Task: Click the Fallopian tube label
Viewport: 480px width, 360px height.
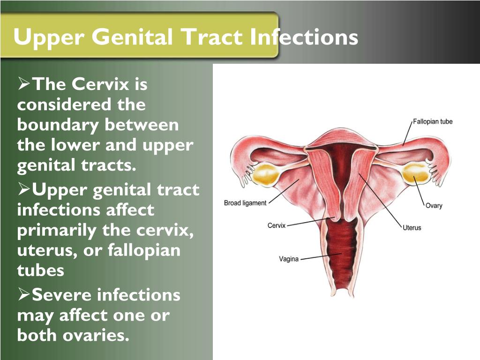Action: pos(433,121)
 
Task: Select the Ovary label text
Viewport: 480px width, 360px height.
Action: pos(434,206)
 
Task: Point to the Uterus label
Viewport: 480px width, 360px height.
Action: pos(412,228)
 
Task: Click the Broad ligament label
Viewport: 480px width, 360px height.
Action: pos(245,203)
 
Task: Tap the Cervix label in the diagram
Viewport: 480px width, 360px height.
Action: pos(277,225)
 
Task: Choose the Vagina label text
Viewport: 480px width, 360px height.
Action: pos(289,259)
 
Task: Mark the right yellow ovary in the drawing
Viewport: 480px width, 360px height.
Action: pos(415,173)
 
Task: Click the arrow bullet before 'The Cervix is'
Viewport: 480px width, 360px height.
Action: pos(24,84)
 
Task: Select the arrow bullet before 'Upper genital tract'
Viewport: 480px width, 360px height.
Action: pos(24,189)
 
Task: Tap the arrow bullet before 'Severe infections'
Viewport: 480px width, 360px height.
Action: pos(24,294)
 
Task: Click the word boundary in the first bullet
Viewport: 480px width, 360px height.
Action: pos(58,126)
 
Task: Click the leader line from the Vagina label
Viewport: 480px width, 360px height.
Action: pos(321,256)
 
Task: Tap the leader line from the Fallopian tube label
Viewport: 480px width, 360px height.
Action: pos(407,134)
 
